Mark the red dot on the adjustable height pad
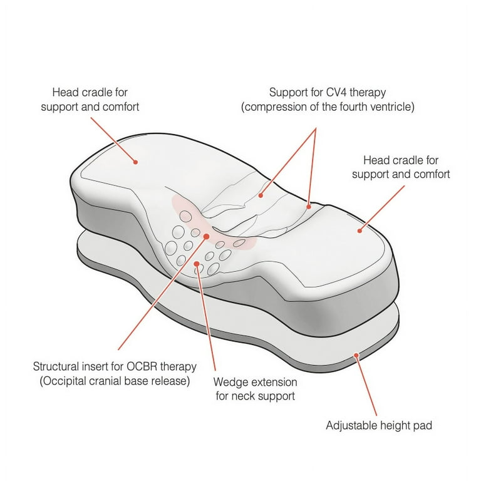coord(356,355)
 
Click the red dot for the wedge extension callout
coord(197,264)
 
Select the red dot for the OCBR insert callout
coord(207,237)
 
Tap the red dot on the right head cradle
coord(360,230)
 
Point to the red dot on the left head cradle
coord(135,162)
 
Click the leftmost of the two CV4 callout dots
coord(261,195)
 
